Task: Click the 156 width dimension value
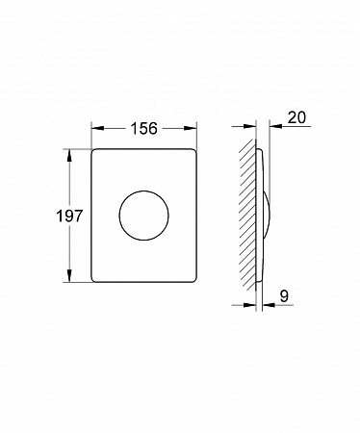coord(144,128)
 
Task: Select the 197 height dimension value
coord(69,216)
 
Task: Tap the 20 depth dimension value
coord(296,117)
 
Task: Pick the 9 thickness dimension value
coord(284,296)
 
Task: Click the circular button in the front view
coord(144,216)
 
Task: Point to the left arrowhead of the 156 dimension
coord(98,128)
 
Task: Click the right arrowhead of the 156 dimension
coord(190,128)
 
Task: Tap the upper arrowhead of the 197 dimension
coord(69,156)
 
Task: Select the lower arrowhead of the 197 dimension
coord(69,276)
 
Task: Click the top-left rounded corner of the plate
coord(93,151)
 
